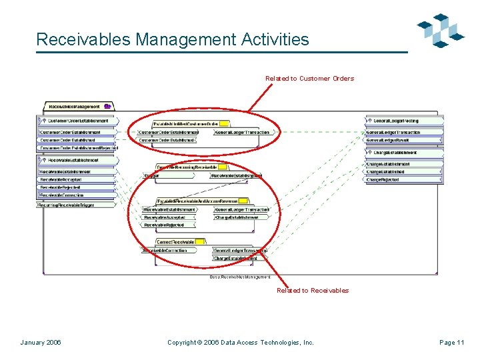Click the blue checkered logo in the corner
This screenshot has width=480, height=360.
(x=439, y=31)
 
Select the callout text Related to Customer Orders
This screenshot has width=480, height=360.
(x=309, y=79)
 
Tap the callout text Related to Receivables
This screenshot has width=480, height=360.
(x=313, y=290)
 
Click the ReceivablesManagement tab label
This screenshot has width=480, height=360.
(x=74, y=106)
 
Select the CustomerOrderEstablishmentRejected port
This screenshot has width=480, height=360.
(x=75, y=148)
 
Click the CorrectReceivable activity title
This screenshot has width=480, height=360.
(x=175, y=241)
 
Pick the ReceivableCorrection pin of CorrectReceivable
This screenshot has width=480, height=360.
(x=167, y=251)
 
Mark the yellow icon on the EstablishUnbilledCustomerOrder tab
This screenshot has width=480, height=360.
(x=225, y=123)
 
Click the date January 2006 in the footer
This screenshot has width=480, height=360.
(x=41, y=343)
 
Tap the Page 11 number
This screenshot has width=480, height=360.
(x=451, y=343)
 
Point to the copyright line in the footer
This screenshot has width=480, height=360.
(x=240, y=343)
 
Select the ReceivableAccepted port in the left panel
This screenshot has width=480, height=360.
(x=62, y=180)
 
